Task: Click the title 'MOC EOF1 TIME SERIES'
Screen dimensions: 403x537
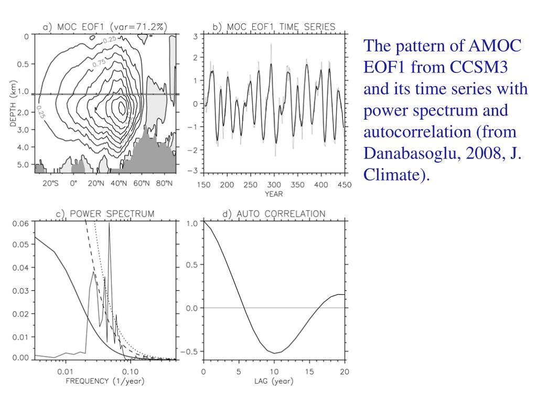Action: [273, 27]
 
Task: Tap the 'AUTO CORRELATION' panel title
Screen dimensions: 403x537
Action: [273, 214]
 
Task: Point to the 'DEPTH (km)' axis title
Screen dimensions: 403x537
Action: [14, 105]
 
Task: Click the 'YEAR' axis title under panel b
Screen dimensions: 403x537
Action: [274, 194]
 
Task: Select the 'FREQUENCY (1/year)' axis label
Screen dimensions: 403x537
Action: [105, 381]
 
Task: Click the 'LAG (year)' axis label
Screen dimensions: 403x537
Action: [274, 381]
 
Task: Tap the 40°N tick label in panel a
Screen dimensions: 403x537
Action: [121, 184]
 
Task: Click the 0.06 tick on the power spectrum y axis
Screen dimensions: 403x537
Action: [22, 222]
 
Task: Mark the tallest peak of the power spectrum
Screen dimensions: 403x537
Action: [109, 224]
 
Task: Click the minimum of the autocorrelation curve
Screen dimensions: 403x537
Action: [274, 353]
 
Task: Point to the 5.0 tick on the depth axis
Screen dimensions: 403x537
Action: [23, 164]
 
